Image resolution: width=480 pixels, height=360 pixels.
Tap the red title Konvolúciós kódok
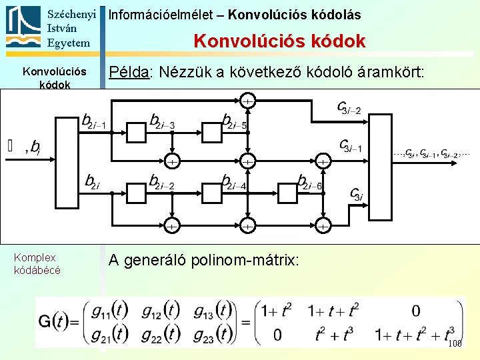click(279, 41)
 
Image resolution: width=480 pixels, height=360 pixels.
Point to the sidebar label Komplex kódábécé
click(37, 263)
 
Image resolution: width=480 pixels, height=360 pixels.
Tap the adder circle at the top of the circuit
click(247, 101)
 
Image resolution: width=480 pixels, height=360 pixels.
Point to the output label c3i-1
click(351, 145)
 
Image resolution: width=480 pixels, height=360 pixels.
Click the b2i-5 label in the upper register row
click(235, 121)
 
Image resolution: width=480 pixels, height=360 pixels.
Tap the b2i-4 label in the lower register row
click(235, 182)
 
